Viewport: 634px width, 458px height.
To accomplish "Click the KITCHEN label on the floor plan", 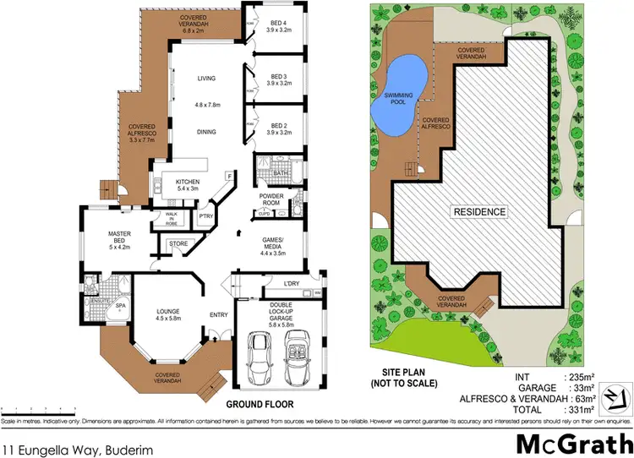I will [x=187, y=183].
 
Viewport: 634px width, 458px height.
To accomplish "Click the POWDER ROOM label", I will [x=275, y=199].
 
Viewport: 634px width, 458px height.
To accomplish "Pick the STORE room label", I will [x=178, y=245].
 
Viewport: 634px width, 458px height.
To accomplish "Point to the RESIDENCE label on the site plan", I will [x=478, y=211].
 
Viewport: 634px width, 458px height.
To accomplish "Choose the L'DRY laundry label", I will [x=293, y=283].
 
